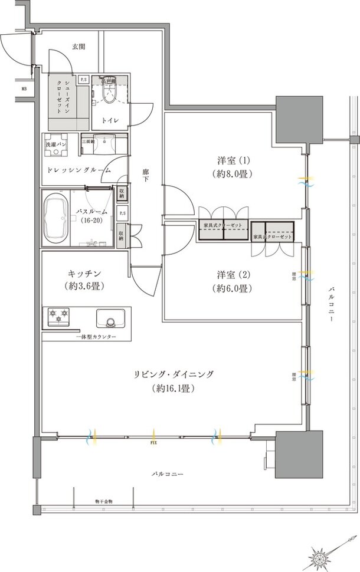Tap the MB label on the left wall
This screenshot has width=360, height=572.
pyautogui.click(x=24, y=89)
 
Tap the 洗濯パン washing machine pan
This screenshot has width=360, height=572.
pyautogui.click(x=57, y=149)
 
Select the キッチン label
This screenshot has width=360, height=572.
pyautogui.click(x=82, y=274)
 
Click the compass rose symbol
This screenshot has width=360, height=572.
pyautogui.click(x=322, y=554)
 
